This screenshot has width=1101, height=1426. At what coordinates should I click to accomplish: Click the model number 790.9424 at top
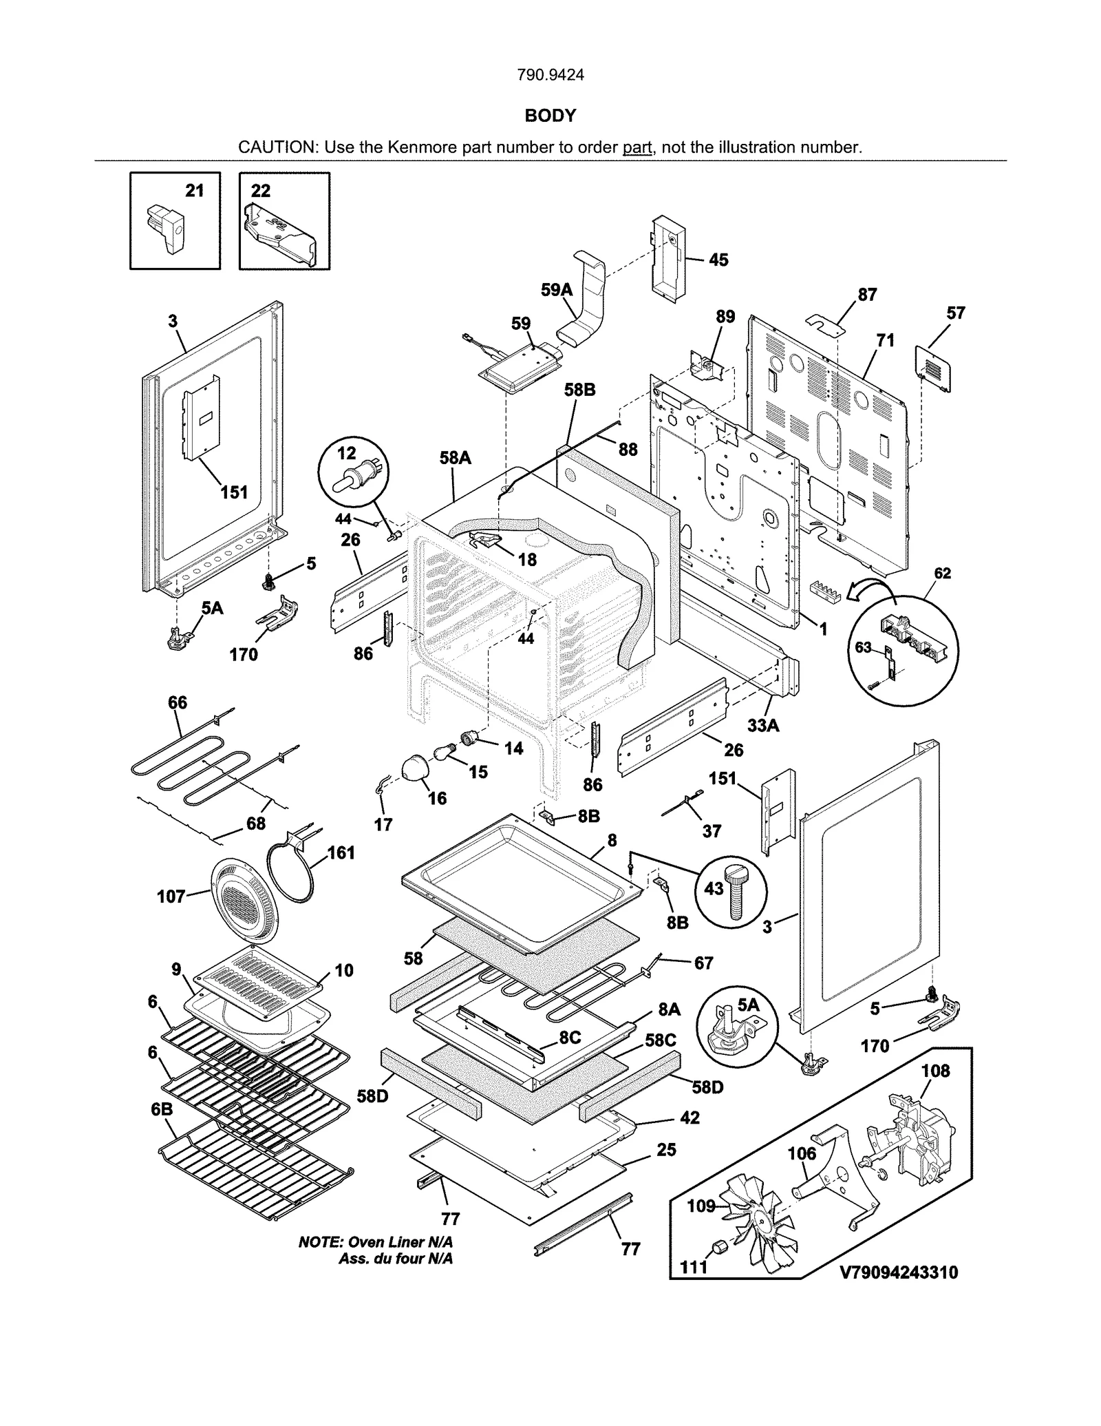[550, 75]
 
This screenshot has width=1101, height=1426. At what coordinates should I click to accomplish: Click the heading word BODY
[550, 116]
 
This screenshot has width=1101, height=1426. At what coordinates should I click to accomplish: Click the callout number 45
[718, 260]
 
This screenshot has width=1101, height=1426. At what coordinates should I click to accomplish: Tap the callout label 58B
[579, 390]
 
